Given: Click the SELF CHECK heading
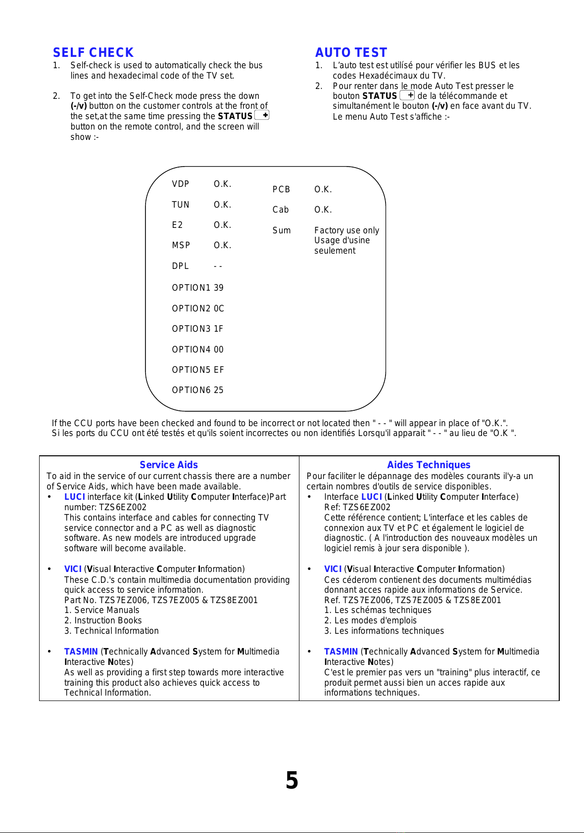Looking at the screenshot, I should click(x=93, y=52).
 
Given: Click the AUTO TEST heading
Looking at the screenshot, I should click(x=351, y=52).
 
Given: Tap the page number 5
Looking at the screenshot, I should click(x=292, y=781).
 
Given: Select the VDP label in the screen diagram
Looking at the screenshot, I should click(x=181, y=184).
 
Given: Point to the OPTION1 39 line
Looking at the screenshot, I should click(x=197, y=288).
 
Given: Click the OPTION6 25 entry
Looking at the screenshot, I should click(x=197, y=390).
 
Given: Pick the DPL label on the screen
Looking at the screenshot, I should click(x=181, y=266).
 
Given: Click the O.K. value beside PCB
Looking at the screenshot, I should click(x=323, y=189).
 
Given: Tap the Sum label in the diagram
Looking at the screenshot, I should click(x=282, y=230).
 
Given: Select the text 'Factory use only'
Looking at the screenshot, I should click(x=346, y=230).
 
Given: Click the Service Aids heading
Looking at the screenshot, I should click(x=169, y=465).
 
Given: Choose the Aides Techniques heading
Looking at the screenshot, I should click(x=429, y=465).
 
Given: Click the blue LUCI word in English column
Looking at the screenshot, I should click(x=75, y=497).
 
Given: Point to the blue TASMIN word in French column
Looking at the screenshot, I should click(x=341, y=652).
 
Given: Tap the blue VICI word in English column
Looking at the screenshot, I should click(x=73, y=569).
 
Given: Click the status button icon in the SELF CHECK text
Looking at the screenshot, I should click(x=262, y=115).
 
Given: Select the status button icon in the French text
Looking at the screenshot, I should click(x=407, y=95).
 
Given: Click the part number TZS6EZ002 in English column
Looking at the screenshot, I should click(x=123, y=507).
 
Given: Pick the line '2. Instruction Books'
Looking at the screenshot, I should click(x=103, y=620).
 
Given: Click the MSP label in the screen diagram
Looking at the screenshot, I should click(x=181, y=245).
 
